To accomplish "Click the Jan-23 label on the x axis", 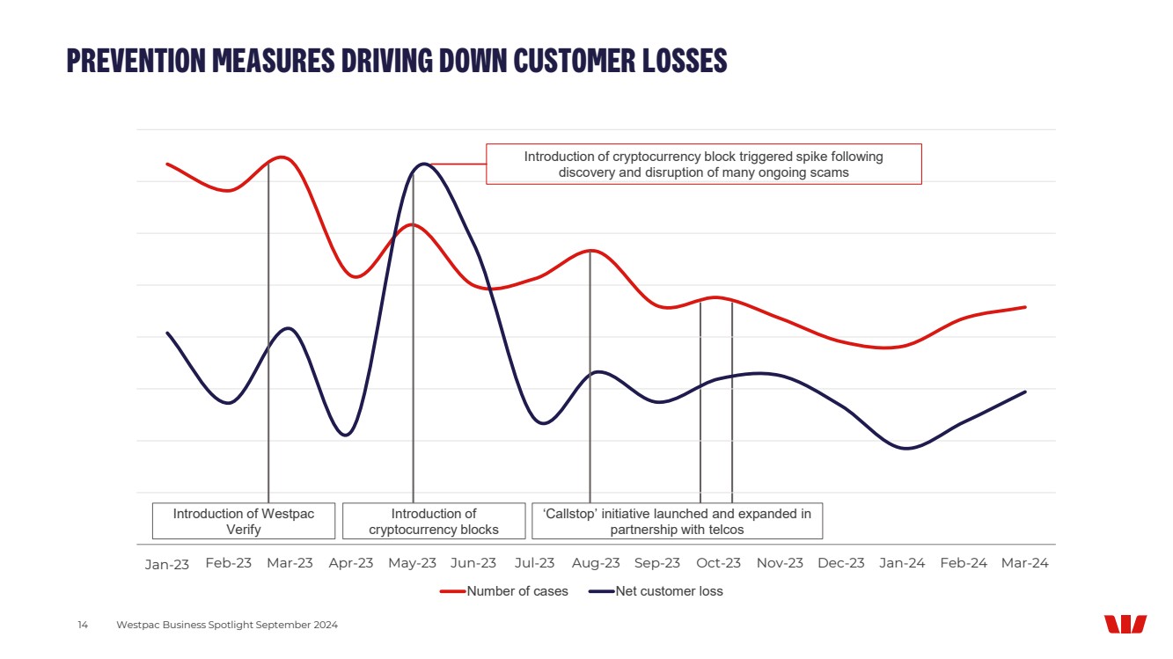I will pyautogui.click(x=167, y=564).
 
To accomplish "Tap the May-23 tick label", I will pyautogui.click(x=412, y=563).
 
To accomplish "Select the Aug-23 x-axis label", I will pyautogui.click(x=596, y=563).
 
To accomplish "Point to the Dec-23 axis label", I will pyautogui.click(x=841, y=563).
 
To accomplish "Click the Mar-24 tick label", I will pyautogui.click(x=1025, y=563).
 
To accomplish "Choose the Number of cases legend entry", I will pyautogui.click(x=505, y=591).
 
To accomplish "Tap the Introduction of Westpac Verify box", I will pyautogui.click(x=244, y=521).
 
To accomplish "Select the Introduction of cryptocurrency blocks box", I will pyautogui.click(x=434, y=521).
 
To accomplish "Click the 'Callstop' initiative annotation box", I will pyautogui.click(x=677, y=521).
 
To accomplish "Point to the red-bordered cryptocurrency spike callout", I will pyautogui.click(x=703, y=165).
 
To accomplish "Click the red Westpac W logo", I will pyautogui.click(x=1125, y=624).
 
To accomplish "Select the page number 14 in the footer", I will pyautogui.click(x=83, y=625).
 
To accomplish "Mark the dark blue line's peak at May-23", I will pyautogui.click(x=423, y=164).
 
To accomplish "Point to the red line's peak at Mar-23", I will pyautogui.click(x=282, y=157).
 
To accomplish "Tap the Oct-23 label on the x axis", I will pyautogui.click(x=719, y=563).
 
